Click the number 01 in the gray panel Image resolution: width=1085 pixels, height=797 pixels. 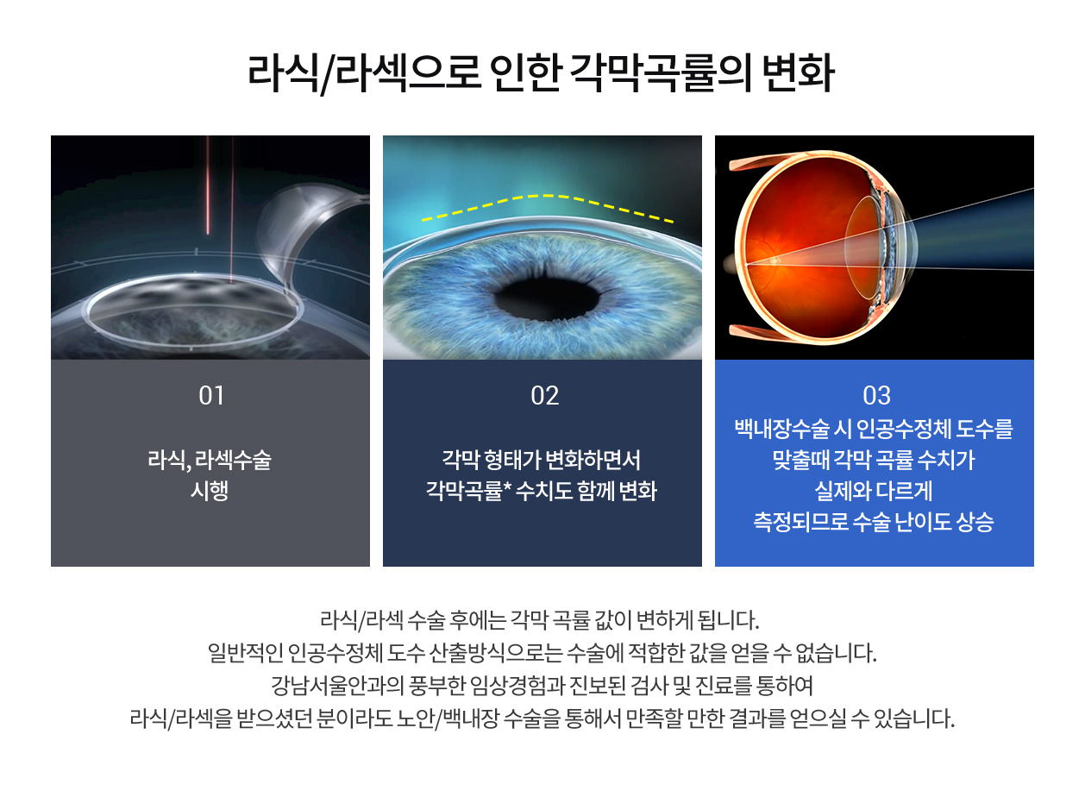point(211,396)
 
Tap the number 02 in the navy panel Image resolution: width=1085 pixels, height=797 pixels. point(544,396)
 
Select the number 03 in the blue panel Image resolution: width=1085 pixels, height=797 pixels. point(876,396)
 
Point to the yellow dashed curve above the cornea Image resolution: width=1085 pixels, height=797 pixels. point(548,196)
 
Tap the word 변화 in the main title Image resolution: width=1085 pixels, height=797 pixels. point(799,72)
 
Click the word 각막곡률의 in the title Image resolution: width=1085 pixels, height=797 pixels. point(662,72)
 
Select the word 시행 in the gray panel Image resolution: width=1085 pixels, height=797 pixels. point(210,491)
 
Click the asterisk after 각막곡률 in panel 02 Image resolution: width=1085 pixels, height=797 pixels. point(507,486)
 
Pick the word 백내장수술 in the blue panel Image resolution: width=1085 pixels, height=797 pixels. point(781,429)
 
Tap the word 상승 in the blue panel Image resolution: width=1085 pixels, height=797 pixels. point(975,522)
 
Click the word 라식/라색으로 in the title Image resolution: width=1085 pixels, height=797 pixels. point(364,73)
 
